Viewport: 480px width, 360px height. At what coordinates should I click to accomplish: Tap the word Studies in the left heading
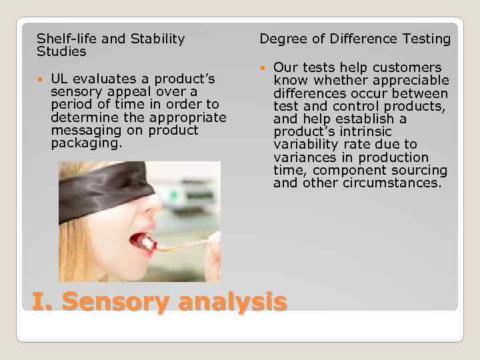[x=61, y=51]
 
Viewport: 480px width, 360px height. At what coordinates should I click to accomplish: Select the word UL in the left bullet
[x=59, y=79]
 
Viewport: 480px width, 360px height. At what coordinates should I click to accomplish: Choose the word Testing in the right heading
[x=426, y=39]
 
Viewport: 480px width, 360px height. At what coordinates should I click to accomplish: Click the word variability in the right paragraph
[x=307, y=144]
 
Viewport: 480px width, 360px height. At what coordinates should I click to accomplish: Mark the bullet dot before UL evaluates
[x=41, y=80]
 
